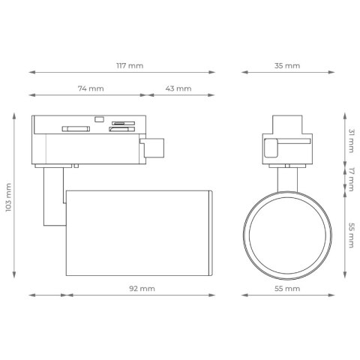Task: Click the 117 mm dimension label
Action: coord(130,66)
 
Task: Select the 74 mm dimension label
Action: coord(91,88)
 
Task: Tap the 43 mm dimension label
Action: coord(178,88)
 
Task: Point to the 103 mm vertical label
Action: coord(8,197)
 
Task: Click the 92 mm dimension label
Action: coord(142,289)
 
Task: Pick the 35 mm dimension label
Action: coord(287,66)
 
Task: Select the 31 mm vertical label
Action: coord(352,141)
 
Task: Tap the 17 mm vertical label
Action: coord(352,179)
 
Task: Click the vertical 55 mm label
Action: coord(352,235)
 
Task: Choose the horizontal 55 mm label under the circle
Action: coord(287,289)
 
